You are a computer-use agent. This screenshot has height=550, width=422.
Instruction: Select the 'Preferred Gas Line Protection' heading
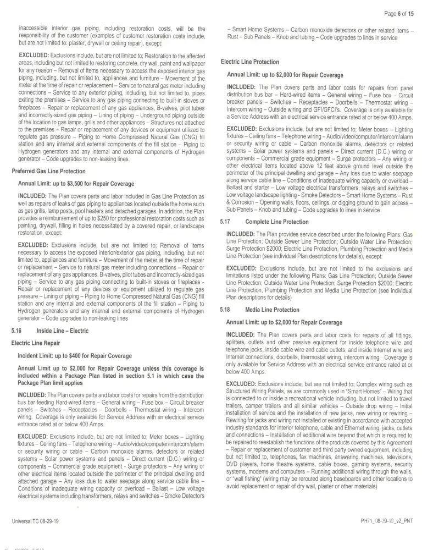pos(48,172)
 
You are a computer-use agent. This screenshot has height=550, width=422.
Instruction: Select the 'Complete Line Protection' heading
pos(277,222)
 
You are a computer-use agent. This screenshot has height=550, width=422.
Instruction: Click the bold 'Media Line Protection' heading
pos(273,310)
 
